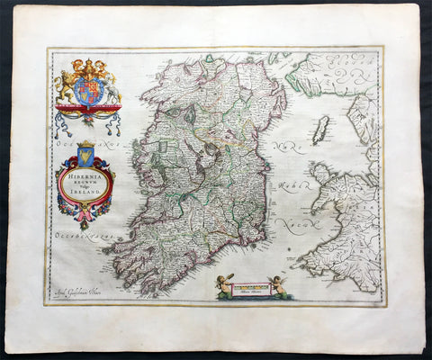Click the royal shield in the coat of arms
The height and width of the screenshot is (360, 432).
tap(87, 90)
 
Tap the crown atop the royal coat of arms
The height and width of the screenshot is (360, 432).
tap(87, 67)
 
